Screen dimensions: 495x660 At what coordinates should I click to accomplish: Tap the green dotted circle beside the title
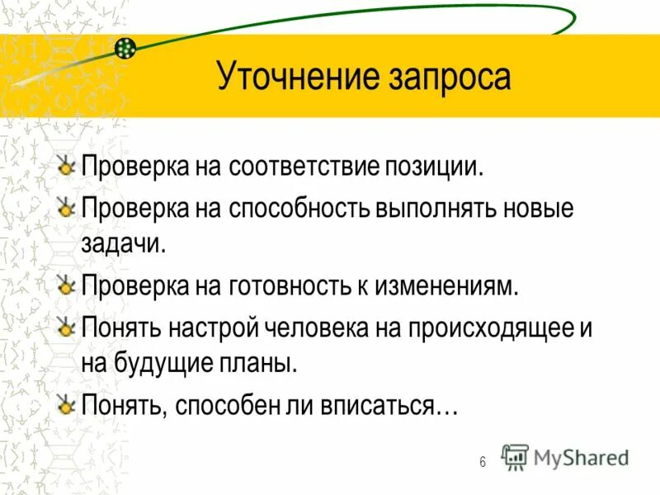point(125,49)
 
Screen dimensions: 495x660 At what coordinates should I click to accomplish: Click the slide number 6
point(483,461)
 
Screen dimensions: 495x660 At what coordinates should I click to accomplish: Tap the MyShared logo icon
point(516,457)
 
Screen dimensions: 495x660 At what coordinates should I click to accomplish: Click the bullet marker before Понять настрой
point(67,328)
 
